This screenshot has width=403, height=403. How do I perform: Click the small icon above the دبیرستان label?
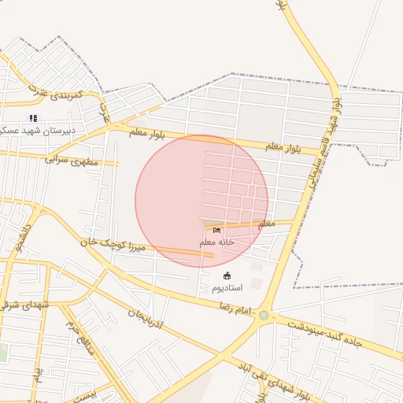point(33,118)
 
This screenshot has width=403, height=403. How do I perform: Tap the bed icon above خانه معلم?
point(216,231)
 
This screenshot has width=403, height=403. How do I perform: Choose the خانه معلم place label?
point(216,242)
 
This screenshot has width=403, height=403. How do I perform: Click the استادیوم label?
point(227,288)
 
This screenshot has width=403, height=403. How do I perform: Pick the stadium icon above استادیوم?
point(227,275)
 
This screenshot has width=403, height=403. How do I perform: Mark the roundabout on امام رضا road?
point(264,316)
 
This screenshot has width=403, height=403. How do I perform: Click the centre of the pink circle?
point(201,201)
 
